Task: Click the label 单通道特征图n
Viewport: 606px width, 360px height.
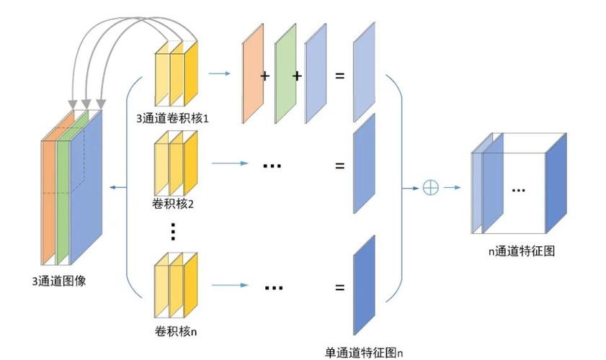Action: [x=364, y=352]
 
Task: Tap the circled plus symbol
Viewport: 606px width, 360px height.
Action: [x=430, y=188]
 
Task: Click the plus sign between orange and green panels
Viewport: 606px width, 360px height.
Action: [x=264, y=75]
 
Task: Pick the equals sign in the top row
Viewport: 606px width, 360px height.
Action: [x=339, y=75]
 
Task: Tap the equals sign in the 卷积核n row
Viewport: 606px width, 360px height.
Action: [x=339, y=288]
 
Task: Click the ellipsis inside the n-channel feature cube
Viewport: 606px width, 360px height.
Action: [x=518, y=189]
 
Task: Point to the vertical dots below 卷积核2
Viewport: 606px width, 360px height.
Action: [x=173, y=232]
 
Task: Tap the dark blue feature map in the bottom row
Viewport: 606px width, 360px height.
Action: [x=364, y=284]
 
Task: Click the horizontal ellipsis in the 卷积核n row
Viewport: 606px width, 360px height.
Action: [x=273, y=287]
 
